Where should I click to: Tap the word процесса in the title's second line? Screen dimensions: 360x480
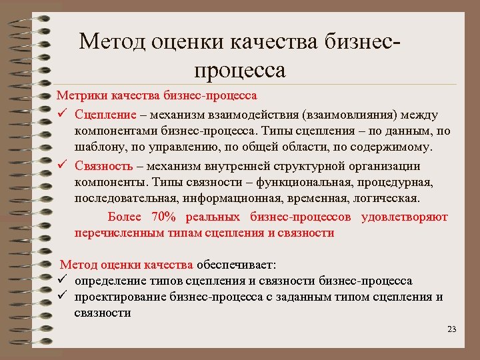[239, 69]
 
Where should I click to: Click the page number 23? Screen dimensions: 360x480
[451, 329]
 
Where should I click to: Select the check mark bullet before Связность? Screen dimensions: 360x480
[61, 165]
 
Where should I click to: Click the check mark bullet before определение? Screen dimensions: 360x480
[61, 281]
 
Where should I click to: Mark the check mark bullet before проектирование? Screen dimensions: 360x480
[61, 297]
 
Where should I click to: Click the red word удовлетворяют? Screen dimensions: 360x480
[405, 217]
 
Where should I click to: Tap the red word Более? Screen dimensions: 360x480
[124, 217]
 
